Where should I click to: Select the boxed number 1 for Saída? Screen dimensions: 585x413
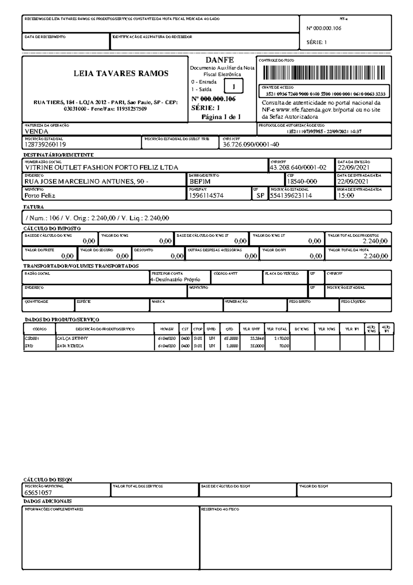(233, 86)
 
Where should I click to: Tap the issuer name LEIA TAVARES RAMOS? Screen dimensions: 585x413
(121, 73)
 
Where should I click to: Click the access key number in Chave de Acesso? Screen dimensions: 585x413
(325, 94)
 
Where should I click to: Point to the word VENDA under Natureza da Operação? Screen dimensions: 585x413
(36, 132)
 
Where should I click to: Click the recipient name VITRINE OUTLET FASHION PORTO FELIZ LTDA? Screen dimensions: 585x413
(102, 168)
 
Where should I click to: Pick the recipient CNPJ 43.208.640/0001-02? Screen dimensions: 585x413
(298, 168)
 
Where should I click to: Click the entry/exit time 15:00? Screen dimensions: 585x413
(346, 196)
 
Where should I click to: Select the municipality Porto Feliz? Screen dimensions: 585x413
(40, 196)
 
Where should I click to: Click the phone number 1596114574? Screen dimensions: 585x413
(206, 196)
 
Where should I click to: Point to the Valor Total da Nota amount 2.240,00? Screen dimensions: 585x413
(375, 256)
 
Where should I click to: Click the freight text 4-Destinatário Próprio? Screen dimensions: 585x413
(175, 280)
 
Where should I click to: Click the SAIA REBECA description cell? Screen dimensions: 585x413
(70, 346)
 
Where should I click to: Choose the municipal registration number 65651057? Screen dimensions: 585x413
(38, 493)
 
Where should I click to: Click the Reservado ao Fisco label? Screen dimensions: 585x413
(220, 509)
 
